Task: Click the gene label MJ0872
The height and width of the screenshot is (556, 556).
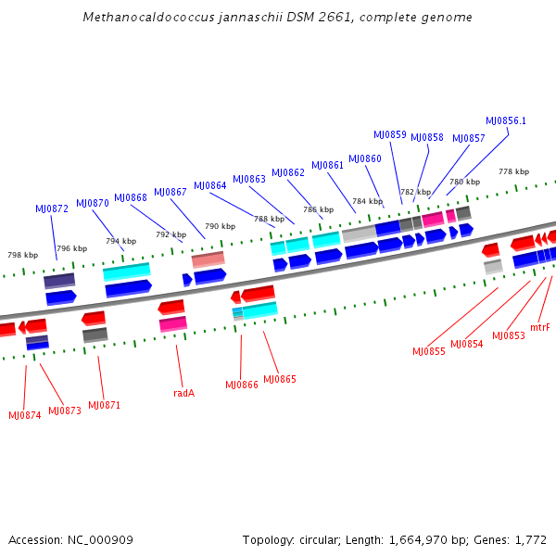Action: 52,208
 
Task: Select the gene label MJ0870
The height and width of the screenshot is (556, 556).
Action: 93,202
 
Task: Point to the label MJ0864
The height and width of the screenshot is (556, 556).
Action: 210,185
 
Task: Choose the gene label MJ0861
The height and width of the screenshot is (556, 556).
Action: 327,165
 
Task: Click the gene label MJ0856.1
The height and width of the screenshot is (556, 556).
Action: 506,120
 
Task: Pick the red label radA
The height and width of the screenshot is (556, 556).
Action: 183,393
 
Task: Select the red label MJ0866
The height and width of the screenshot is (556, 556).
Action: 242,385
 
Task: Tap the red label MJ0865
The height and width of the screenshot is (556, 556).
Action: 280,379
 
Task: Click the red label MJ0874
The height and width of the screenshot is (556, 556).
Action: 25,415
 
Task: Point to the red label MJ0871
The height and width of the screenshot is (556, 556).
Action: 105,406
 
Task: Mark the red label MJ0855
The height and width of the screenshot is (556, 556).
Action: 429,351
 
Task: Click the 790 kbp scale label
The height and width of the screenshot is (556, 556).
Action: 220,226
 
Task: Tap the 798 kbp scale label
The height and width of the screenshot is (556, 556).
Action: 22,255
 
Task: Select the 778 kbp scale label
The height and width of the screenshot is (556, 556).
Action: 513,171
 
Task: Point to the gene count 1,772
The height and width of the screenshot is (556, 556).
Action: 528,539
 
